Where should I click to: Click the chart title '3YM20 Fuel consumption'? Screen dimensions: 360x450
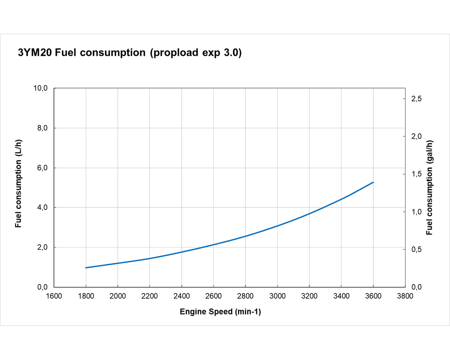pos(82,53)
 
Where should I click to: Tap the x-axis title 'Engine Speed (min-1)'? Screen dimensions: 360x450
pos(220,311)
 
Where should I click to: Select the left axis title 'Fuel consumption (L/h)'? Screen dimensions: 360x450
pos(19,184)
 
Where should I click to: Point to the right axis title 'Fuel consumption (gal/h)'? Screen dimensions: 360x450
pos(429,188)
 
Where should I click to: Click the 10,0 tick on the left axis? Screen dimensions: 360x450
pos(40,88)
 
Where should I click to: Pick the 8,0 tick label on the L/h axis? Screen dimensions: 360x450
pos(42,128)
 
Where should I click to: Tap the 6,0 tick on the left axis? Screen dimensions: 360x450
pos(42,168)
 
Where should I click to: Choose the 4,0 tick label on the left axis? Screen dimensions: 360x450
pos(42,207)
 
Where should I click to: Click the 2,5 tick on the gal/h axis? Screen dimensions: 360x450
pos(416,99)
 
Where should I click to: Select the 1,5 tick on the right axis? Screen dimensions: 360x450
pos(416,174)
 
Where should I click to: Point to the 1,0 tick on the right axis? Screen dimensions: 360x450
pos(416,212)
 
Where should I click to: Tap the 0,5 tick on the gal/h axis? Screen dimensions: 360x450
pos(416,250)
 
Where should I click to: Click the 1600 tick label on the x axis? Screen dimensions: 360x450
pos(54,296)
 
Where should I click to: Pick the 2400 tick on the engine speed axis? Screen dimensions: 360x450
pos(181,296)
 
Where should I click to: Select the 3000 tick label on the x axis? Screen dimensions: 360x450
pos(277,296)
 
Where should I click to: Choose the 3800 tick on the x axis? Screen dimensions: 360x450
pos(405,296)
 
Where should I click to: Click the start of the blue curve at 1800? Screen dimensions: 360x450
pos(86,268)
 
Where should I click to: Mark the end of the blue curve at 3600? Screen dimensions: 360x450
pos(373,182)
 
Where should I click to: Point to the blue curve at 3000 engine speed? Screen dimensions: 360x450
pos(277,226)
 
